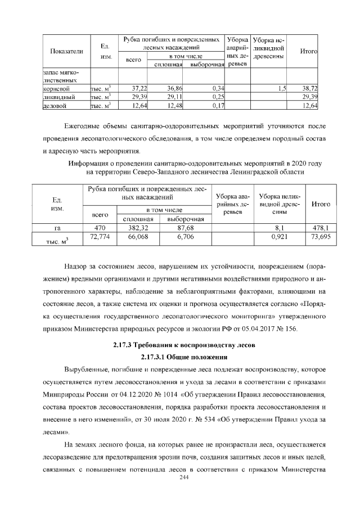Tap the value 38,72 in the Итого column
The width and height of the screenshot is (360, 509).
[x=310, y=89]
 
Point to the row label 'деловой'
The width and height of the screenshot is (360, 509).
[x=55, y=105]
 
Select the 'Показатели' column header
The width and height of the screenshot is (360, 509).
[x=66, y=52]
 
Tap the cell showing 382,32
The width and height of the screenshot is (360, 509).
[x=138, y=228]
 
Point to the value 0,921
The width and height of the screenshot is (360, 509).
[x=280, y=238]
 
